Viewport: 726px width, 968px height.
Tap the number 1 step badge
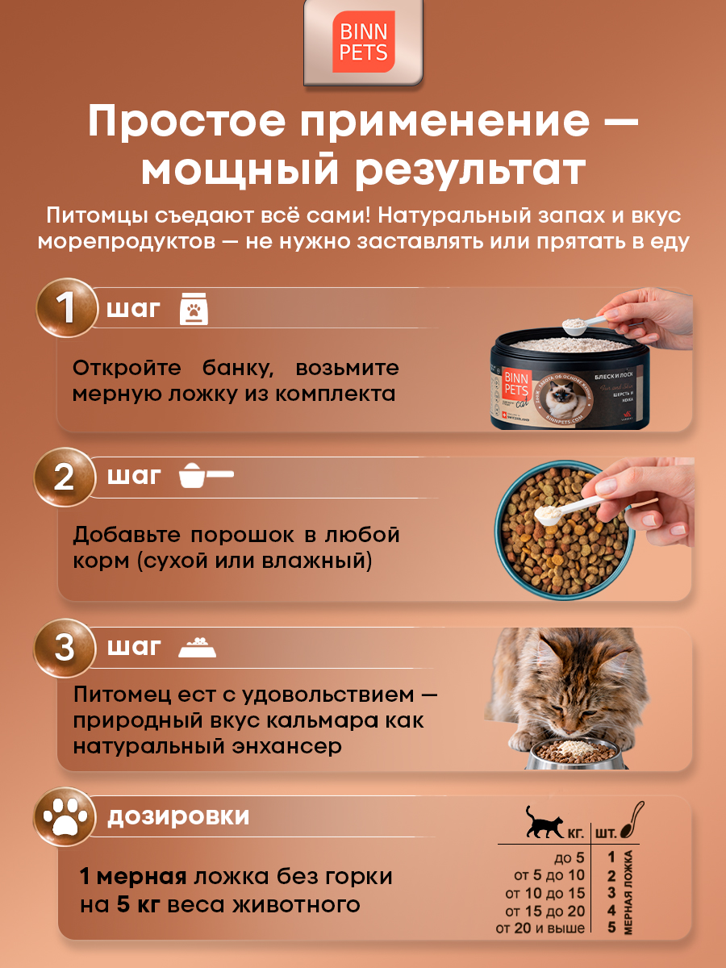[65, 309]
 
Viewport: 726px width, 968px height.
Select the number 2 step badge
[64, 478]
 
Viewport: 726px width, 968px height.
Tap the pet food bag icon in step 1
[194, 309]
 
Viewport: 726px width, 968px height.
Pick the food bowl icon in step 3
[197, 647]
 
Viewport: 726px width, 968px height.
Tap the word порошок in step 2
[244, 535]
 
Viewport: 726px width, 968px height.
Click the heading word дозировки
[178, 816]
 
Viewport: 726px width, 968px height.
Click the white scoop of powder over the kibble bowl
[548, 513]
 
